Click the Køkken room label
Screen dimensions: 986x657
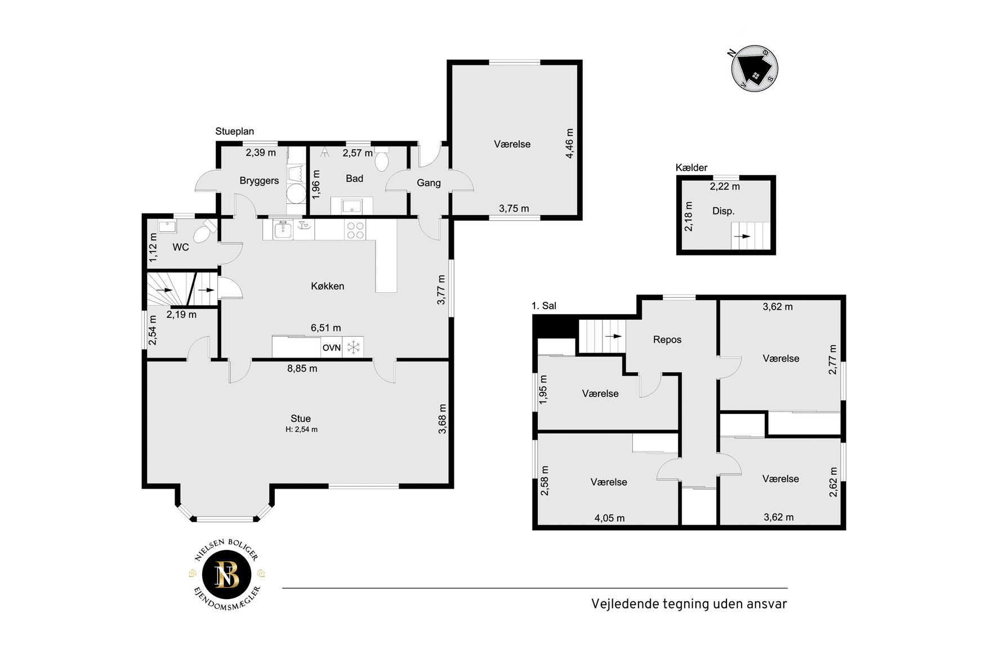click(x=327, y=286)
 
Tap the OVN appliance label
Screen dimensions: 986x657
click(x=332, y=348)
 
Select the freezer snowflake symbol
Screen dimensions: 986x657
click(x=353, y=347)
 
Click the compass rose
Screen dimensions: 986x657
click(x=755, y=69)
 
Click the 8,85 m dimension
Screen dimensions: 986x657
click(x=302, y=369)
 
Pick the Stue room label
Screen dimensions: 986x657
click(x=301, y=418)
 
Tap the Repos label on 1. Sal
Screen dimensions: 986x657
click(x=667, y=339)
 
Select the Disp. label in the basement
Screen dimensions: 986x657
click(x=724, y=211)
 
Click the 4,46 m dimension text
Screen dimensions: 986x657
click(x=570, y=144)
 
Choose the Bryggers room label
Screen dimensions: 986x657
click(x=259, y=181)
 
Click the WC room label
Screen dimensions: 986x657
click(x=181, y=247)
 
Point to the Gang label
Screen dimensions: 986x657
click(x=429, y=183)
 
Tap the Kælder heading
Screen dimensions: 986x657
click(x=691, y=168)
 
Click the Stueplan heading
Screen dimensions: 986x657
click(x=235, y=131)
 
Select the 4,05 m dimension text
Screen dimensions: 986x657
click(x=610, y=518)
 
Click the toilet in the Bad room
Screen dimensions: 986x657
click(x=382, y=160)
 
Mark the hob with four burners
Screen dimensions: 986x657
click(x=355, y=230)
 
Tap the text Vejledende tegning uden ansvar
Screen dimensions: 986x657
click(x=689, y=604)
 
